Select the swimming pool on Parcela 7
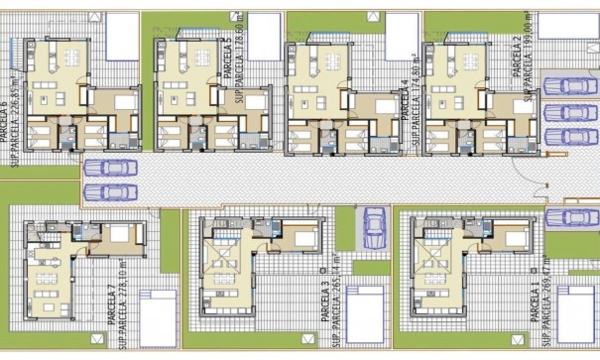click(x=158, y=314)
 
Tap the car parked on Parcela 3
click(x=374, y=228)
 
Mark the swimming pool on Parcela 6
click(x=120, y=33)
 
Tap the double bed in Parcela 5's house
click(x=254, y=104)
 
